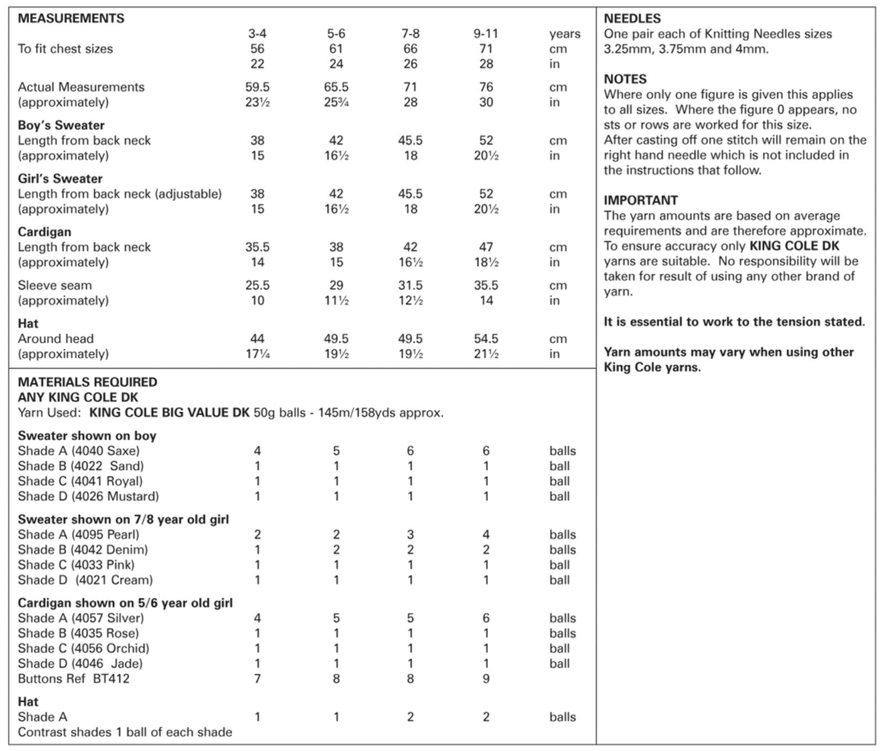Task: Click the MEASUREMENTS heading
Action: point(71,18)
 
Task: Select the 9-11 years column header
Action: point(486,34)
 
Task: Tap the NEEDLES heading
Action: point(632,18)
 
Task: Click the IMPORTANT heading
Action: point(641,200)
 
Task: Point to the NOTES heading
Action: point(625,79)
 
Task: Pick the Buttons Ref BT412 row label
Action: point(73,679)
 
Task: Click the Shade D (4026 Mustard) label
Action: point(88,496)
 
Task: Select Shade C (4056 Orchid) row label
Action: point(83,648)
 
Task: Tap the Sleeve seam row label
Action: point(55,285)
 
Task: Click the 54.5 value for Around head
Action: point(486,339)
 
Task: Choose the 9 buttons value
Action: point(486,679)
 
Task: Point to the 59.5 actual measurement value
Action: point(257,87)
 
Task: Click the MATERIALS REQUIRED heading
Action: point(87,382)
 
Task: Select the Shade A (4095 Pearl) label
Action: point(78,534)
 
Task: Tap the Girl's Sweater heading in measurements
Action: point(60,179)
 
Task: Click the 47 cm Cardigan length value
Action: point(486,247)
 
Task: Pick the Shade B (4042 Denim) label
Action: point(83,550)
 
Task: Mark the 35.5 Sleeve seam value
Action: point(486,285)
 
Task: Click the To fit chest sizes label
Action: point(65,49)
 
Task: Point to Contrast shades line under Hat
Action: point(125,732)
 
